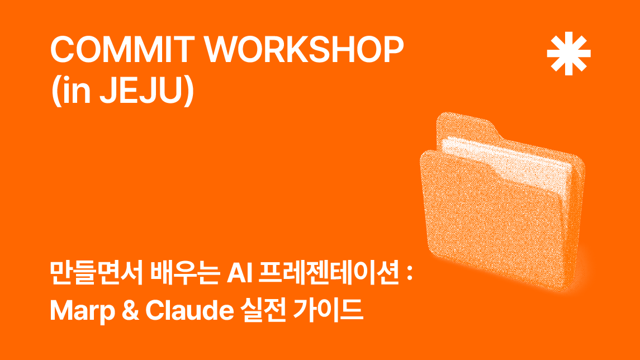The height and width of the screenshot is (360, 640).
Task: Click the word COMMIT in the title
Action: pyautogui.click(x=122, y=49)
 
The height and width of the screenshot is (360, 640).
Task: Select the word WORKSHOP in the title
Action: pyautogui.click(x=304, y=49)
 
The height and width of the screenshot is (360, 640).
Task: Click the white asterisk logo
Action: pyautogui.click(x=568, y=54)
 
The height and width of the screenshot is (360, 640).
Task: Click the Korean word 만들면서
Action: pyautogui.click(x=96, y=273)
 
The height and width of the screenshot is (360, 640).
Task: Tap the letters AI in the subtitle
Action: pyautogui.click(x=240, y=273)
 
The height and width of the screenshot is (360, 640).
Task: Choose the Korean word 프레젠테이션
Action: pyautogui.click(x=329, y=273)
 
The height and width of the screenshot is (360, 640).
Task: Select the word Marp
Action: pyautogui.click(x=82, y=311)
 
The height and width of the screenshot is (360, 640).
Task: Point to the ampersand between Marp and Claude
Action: pyautogui.click(x=130, y=311)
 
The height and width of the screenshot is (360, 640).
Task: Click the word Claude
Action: pyautogui.click(x=189, y=311)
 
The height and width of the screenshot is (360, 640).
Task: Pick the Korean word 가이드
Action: pyautogui.click(x=328, y=310)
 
